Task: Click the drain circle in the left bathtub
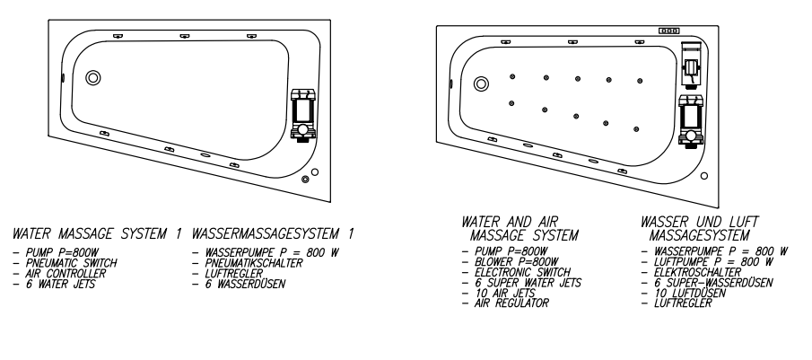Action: pos(93,78)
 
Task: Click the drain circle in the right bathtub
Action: pos(481,83)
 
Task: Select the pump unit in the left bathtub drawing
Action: pos(303,115)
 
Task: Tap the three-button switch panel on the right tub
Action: pos(669,31)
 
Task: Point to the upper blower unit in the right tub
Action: pos(692,66)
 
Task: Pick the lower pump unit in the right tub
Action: pos(691,121)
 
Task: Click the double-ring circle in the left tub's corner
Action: pos(305,180)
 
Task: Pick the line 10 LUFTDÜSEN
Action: pos(684,294)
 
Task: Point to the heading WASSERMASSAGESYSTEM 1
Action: pos(273,233)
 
